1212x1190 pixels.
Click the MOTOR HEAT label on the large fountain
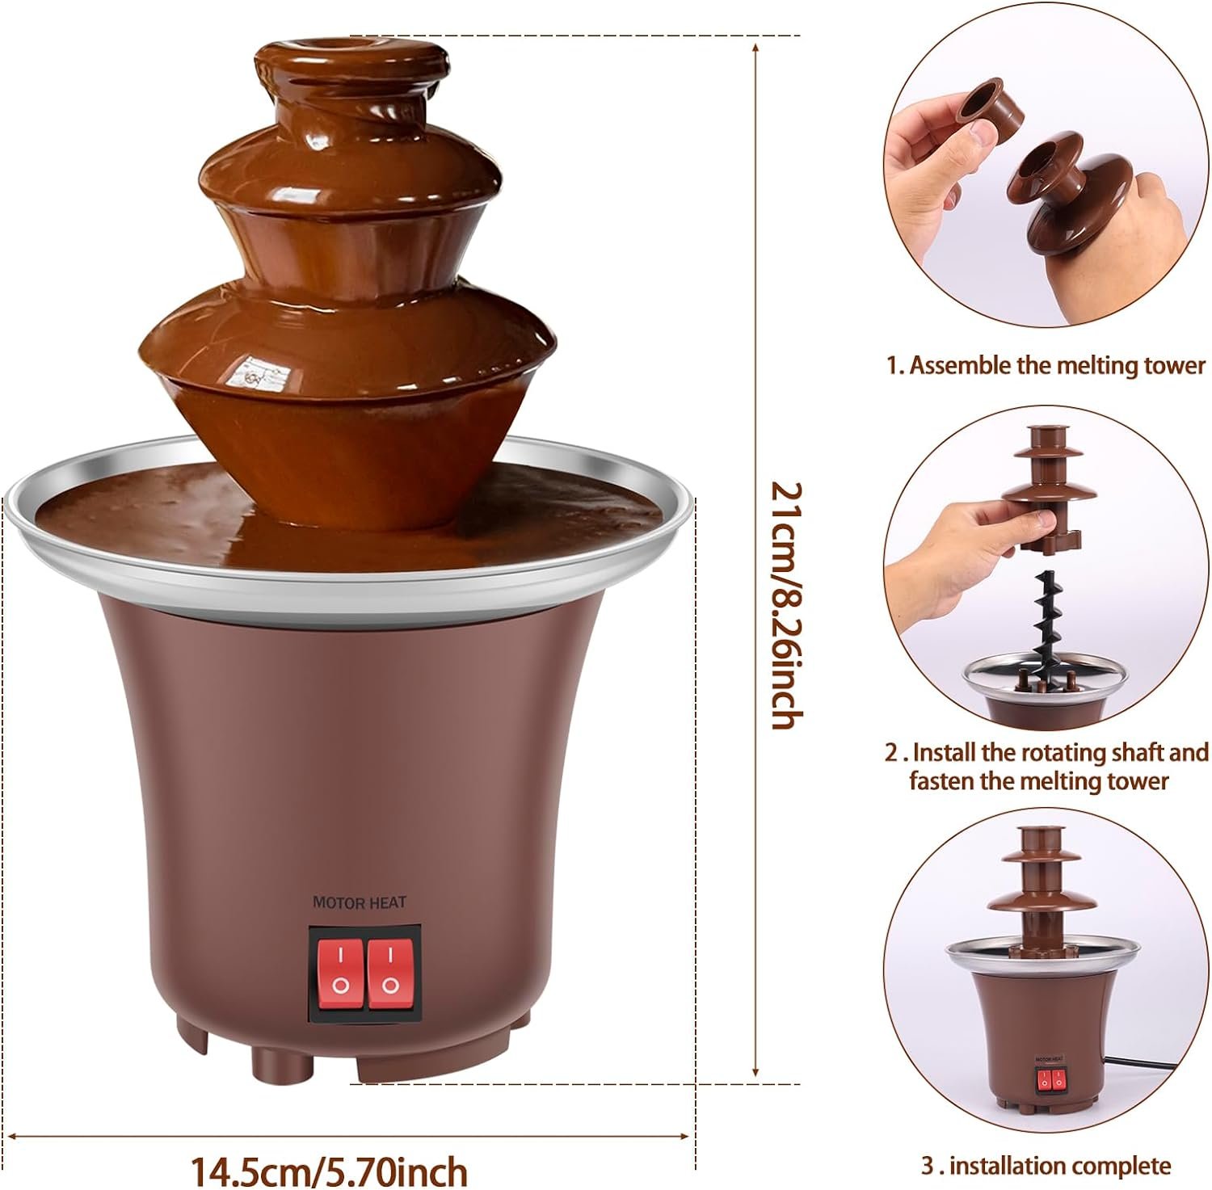point(359,902)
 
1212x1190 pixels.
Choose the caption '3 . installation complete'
point(1046,1166)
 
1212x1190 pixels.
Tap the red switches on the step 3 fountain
point(1047,1079)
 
